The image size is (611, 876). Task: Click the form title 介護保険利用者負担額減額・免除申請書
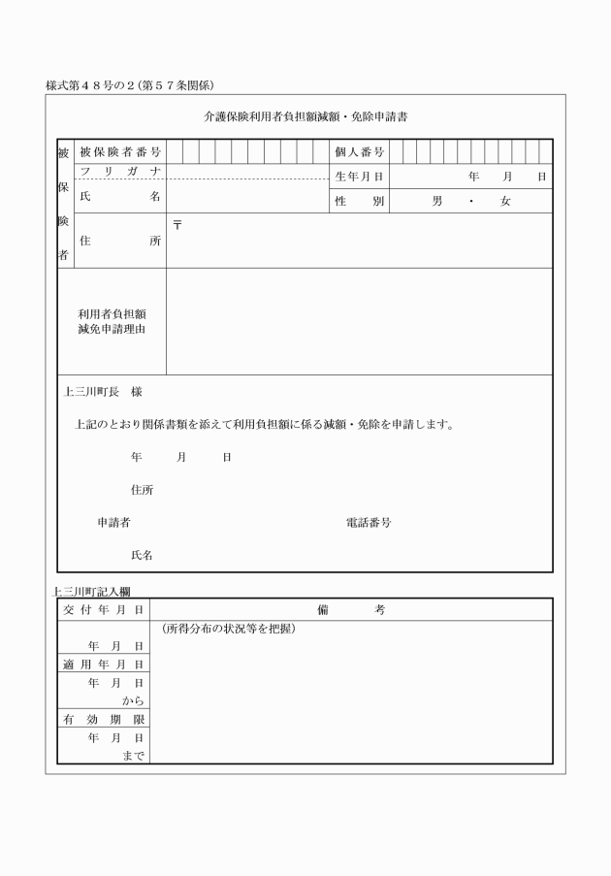[x=305, y=116]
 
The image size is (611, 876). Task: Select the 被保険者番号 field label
[x=119, y=152]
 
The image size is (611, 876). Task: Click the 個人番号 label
[x=359, y=152]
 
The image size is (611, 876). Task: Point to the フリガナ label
[x=119, y=171]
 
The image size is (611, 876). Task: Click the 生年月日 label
[x=359, y=177]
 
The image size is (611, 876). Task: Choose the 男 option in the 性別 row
[x=437, y=202]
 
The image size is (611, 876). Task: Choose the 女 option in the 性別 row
[x=504, y=202]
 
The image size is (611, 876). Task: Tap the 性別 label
[x=359, y=202]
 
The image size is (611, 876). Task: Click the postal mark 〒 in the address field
[x=177, y=225]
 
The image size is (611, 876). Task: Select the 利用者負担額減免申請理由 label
[x=112, y=321]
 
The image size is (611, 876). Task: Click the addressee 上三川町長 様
[x=103, y=393]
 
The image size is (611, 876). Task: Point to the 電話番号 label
[x=369, y=522]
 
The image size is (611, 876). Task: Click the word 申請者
[x=113, y=522]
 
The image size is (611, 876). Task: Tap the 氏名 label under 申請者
[x=142, y=556]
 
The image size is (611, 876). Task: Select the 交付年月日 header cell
[x=104, y=609]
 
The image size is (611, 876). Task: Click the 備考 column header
[x=351, y=609]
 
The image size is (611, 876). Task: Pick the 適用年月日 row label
[x=104, y=665]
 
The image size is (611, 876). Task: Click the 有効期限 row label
[x=104, y=720]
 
